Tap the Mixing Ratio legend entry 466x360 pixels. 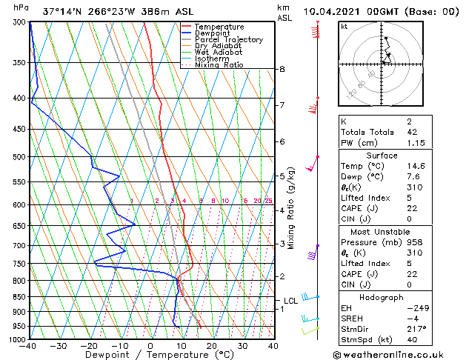click(x=219, y=65)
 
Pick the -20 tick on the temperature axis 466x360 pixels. click(x=89, y=345)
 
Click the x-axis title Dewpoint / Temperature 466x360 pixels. click(x=150, y=355)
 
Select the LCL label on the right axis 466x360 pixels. click(x=290, y=301)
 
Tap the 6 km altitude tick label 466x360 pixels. click(x=282, y=141)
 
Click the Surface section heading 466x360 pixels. click(x=382, y=156)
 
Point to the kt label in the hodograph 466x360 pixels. click(x=344, y=26)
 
